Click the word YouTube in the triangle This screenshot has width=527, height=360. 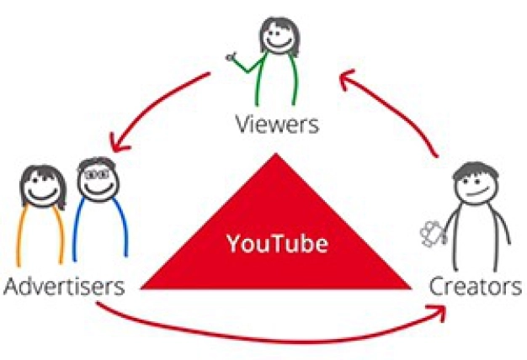pyautogui.click(x=275, y=245)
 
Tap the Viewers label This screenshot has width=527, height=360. pyautogui.click(x=277, y=126)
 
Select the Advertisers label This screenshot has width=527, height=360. pyautogui.click(x=64, y=287)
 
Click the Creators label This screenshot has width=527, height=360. pyautogui.click(x=476, y=287)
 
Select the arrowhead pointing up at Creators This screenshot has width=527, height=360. pyautogui.click(x=439, y=313)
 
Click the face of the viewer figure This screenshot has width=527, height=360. pyautogui.click(x=277, y=36)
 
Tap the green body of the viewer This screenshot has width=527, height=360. pyautogui.click(x=277, y=80)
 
